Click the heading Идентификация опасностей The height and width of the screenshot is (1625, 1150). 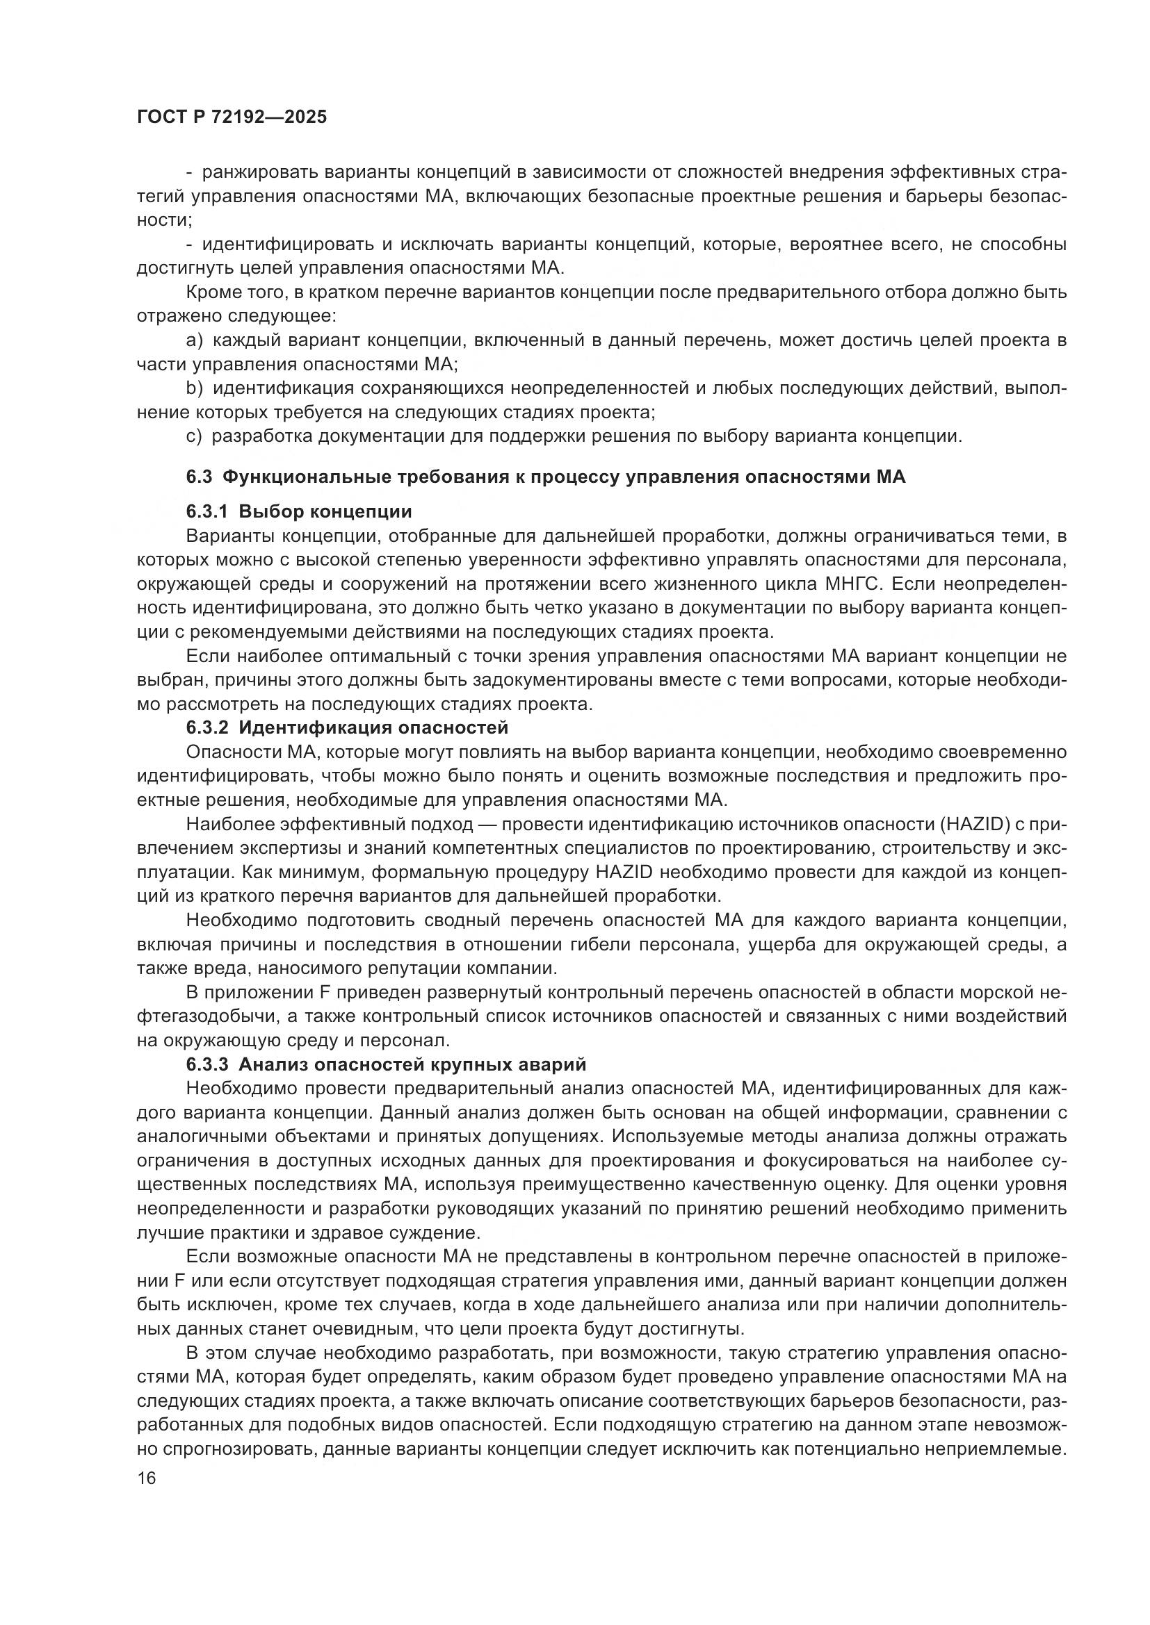click(373, 727)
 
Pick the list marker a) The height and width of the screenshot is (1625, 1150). click(195, 340)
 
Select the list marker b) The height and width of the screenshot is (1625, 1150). click(195, 388)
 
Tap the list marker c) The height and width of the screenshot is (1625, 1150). click(195, 436)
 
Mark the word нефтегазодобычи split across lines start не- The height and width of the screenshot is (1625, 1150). click(1058, 992)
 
